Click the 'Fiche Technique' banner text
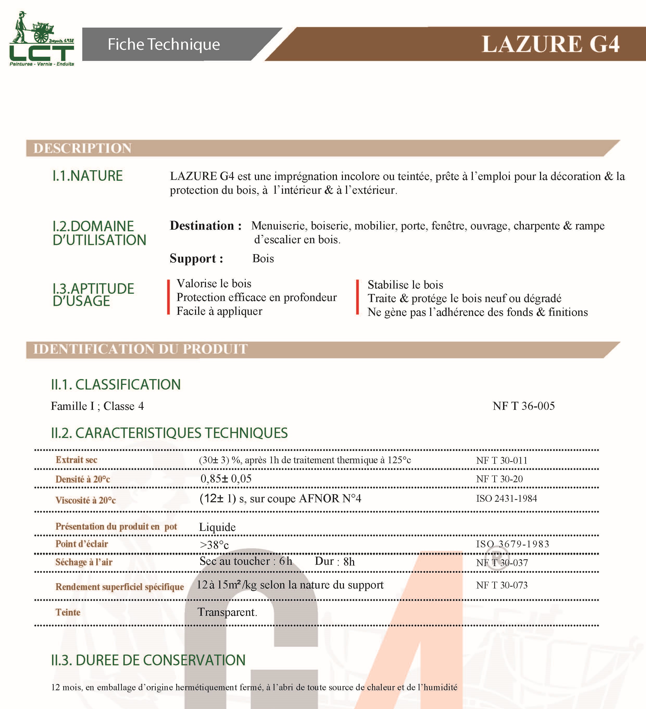coord(164,44)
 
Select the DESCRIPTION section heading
coord(82,148)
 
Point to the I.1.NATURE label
coord(87,176)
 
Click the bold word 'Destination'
coord(202,226)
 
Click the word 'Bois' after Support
coord(263,259)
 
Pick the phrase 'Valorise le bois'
coord(214,284)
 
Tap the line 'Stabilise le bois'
coord(405,285)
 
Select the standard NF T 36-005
coord(524,406)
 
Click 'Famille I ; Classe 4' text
coord(97,406)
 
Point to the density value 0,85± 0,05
coord(226,479)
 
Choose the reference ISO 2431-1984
coord(506,498)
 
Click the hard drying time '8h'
coord(349,562)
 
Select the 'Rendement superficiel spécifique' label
coord(120,587)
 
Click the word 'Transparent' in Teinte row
coord(227,612)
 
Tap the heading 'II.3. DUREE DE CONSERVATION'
coord(148,660)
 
